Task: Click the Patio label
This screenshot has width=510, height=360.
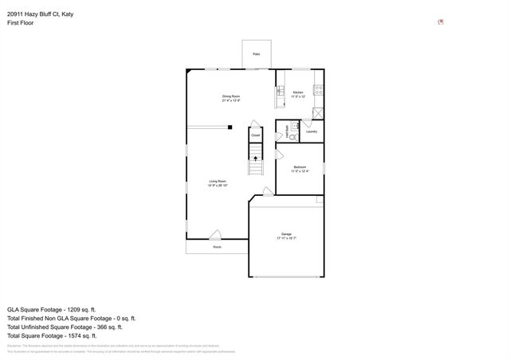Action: pyautogui.click(x=257, y=53)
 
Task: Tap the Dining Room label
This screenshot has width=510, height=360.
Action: pyautogui.click(x=231, y=96)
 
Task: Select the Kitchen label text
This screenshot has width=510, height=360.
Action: pyautogui.click(x=298, y=93)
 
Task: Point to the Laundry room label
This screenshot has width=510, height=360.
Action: pyautogui.click(x=312, y=131)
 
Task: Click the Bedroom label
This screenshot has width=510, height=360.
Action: pyautogui.click(x=300, y=166)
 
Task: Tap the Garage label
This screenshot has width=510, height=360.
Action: pyautogui.click(x=286, y=233)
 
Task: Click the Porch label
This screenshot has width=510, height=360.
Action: pyautogui.click(x=217, y=248)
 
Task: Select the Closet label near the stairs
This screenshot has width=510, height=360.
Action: pyautogui.click(x=256, y=136)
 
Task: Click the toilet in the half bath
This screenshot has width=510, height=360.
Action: pyautogui.click(x=293, y=137)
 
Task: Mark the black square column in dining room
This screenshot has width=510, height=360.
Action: pyautogui.click(x=229, y=126)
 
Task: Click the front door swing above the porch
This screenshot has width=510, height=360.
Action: pyautogui.click(x=215, y=234)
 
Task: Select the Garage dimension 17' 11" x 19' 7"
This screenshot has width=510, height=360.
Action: pyautogui.click(x=286, y=238)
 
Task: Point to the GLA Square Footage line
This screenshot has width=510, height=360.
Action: pyautogui.click(x=51, y=308)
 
